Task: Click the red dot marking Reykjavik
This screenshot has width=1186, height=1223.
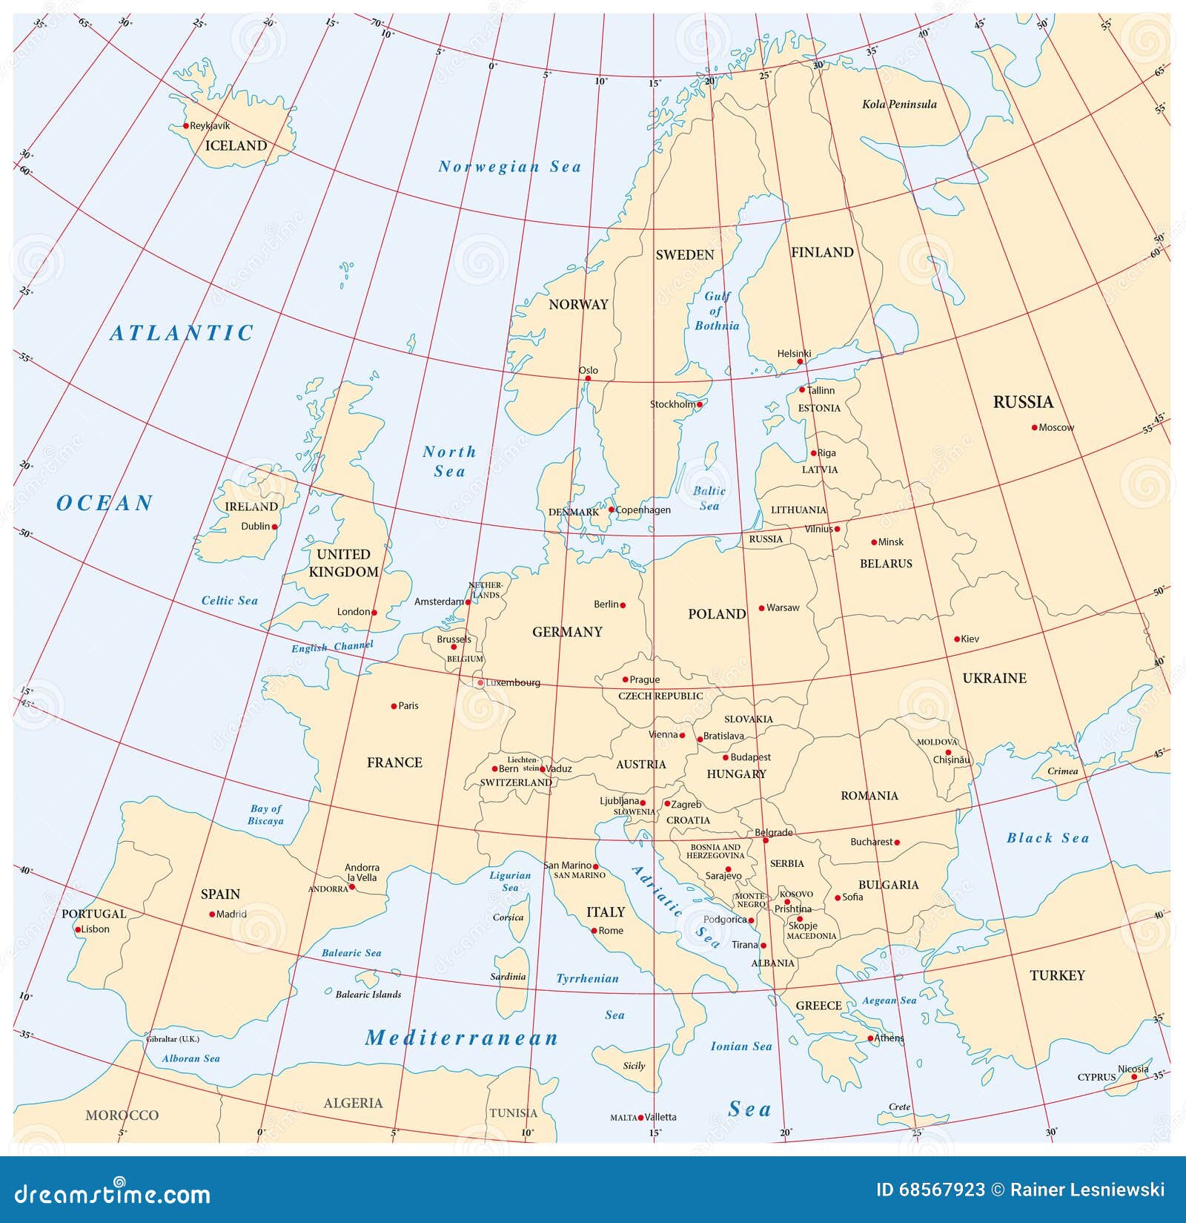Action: pyautogui.click(x=185, y=126)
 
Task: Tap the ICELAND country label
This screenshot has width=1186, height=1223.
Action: pyautogui.click(x=236, y=145)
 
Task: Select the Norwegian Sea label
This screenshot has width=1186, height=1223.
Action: pyautogui.click(x=510, y=167)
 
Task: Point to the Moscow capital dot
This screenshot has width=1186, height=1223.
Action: pyautogui.click(x=1034, y=427)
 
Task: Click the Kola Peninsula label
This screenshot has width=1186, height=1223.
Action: pyautogui.click(x=899, y=105)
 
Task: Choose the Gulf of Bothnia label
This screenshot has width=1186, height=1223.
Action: pyautogui.click(x=717, y=311)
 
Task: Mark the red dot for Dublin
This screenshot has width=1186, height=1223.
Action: pyautogui.click(x=274, y=527)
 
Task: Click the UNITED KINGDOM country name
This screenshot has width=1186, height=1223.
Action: pyautogui.click(x=343, y=563)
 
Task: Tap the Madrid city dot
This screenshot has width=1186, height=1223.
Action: pyautogui.click(x=212, y=914)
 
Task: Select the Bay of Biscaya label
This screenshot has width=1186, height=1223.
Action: pyautogui.click(x=266, y=814)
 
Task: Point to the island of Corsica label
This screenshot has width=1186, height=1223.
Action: pyautogui.click(x=508, y=917)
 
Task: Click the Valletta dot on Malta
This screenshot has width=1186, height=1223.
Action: pyautogui.click(x=640, y=1117)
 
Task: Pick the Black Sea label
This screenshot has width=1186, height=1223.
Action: pyautogui.click(x=1047, y=838)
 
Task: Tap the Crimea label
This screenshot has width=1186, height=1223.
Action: pyautogui.click(x=1062, y=771)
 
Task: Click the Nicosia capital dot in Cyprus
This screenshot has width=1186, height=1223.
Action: pyautogui.click(x=1134, y=1077)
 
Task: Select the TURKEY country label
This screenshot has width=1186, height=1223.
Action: pyautogui.click(x=1057, y=975)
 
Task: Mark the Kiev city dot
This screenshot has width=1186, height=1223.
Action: pyautogui.click(x=957, y=639)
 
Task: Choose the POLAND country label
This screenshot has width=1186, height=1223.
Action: pyautogui.click(x=717, y=614)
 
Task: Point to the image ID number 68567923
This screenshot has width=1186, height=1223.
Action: pyautogui.click(x=941, y=1190)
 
